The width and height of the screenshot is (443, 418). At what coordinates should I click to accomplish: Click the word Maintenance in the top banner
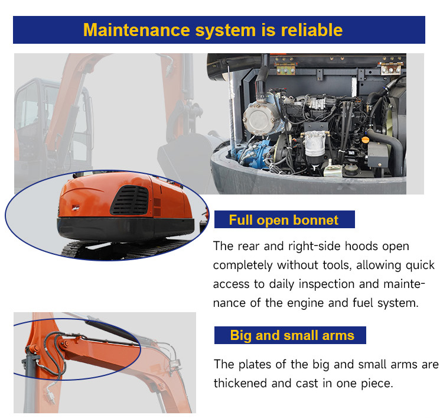[x=137, y=30]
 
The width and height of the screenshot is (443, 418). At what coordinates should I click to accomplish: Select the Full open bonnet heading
[x=284, y=220]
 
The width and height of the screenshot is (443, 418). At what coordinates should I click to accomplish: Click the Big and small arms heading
[x=292, y=335]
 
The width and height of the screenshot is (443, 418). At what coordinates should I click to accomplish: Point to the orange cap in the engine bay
[x=366, y=140]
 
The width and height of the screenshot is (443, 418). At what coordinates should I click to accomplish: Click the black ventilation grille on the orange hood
[x=129, y=200]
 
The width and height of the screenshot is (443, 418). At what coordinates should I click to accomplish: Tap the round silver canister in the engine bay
[x=261, y=118]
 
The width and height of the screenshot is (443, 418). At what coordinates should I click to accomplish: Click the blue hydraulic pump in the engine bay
[x=252, y=154]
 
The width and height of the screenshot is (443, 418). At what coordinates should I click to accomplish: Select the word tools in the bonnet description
[x=337, y=265]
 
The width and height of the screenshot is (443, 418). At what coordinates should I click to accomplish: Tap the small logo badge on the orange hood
[x=76, y=208]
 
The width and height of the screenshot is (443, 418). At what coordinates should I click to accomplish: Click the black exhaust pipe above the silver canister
[x=262, y=78]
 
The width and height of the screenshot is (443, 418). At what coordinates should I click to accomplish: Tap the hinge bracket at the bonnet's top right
[x=391, y=67]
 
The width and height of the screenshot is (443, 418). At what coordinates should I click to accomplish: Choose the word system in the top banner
[x=226, y=30]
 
